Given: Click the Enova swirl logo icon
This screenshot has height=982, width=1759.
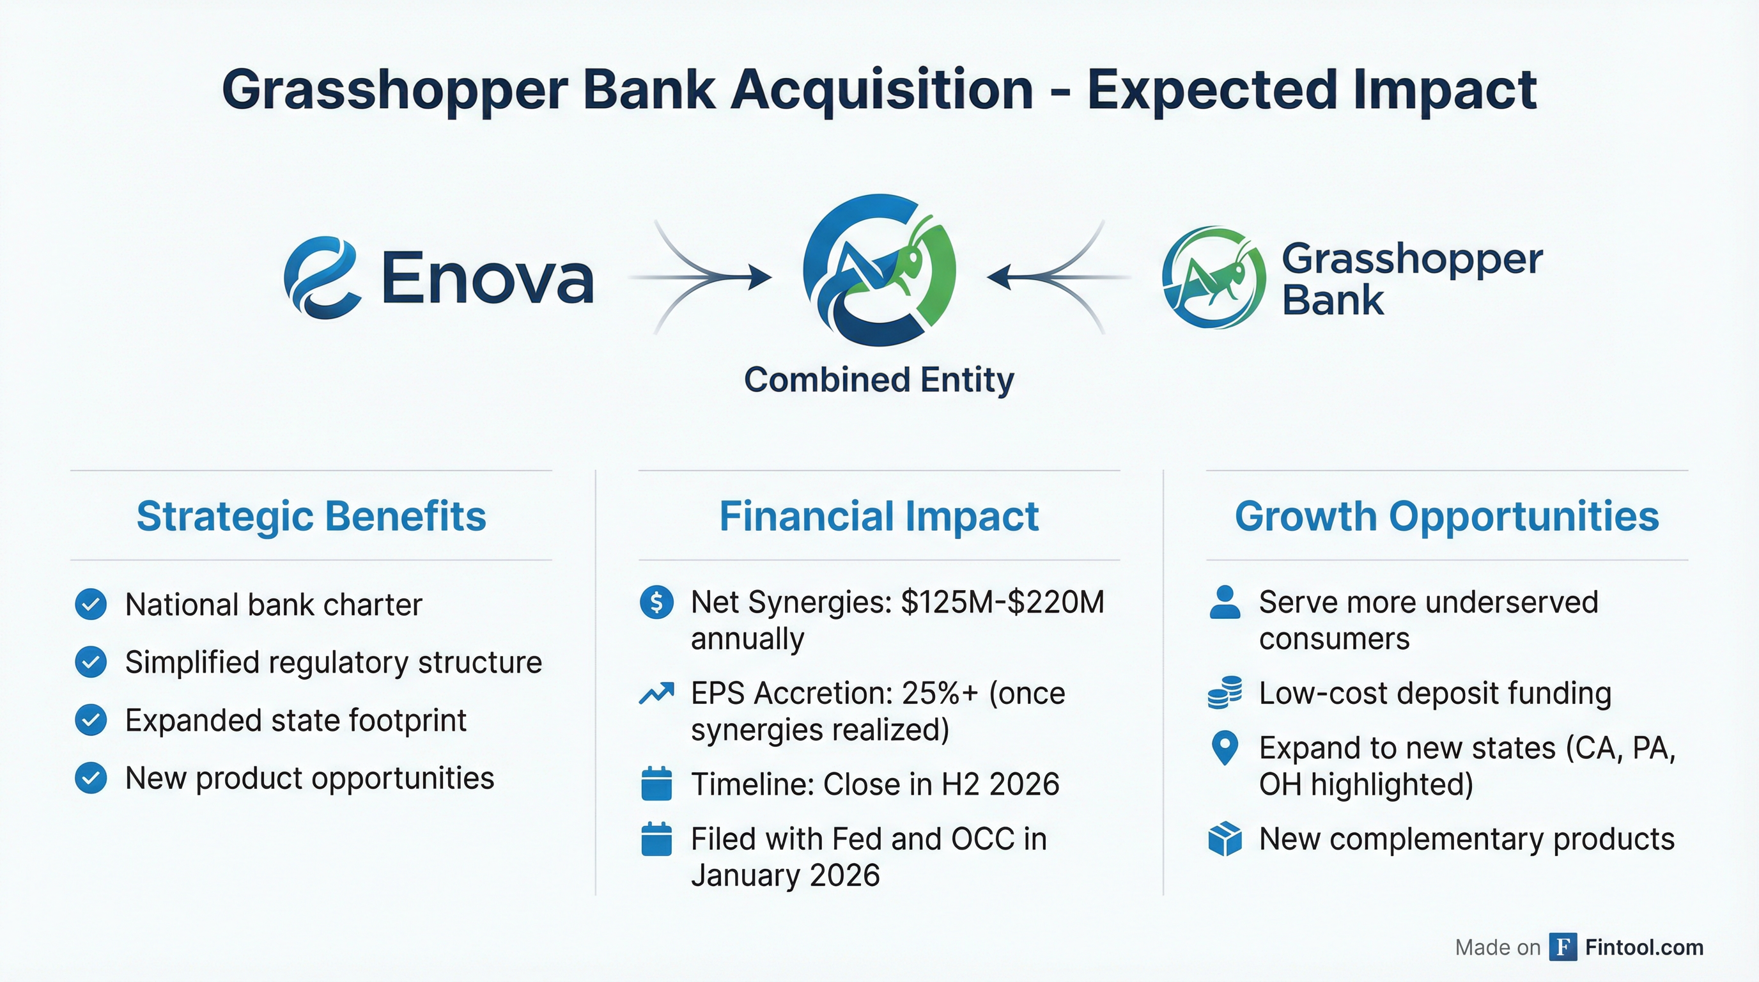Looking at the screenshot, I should [322, 277].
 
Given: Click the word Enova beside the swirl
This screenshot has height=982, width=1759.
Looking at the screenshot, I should [487, 278].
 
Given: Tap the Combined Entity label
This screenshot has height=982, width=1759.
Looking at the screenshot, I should [879, 380].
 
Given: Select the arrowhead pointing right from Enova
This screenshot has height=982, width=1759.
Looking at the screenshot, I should [759, 277].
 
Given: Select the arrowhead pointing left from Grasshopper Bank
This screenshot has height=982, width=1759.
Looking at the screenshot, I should [1000, 277].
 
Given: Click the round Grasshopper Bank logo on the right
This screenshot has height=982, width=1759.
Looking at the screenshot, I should [1213, 277].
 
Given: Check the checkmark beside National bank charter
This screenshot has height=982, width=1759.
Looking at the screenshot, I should [91, 604].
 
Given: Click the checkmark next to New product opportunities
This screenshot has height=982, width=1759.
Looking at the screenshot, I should [91, 778].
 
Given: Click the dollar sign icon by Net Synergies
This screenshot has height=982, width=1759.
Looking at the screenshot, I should [657, 602].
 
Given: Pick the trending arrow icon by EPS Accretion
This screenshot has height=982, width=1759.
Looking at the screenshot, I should [656, 694].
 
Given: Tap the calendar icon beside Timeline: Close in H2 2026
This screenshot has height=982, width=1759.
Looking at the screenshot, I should [657, 784].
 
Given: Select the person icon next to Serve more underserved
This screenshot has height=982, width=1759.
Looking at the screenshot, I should [1225, 602].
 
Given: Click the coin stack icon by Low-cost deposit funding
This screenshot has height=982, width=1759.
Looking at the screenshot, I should [1225, 693].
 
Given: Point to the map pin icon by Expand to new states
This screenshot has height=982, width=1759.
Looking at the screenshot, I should [1225, 749].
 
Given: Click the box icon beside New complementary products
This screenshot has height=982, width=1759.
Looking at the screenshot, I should [1225, 839].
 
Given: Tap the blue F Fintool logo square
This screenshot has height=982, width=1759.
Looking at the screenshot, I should [1562, 947].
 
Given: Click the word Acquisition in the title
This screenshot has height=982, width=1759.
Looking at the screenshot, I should [881, 90].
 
